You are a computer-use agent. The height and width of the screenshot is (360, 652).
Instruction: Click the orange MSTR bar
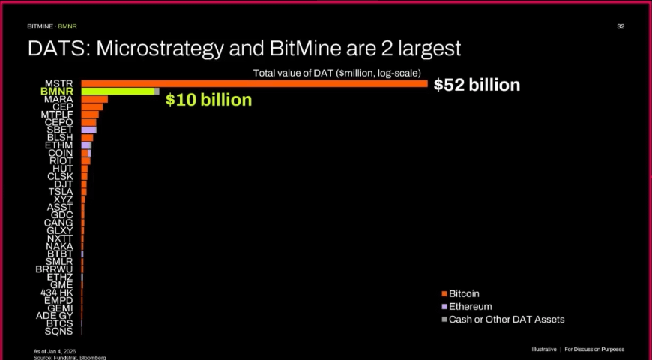[255, 83]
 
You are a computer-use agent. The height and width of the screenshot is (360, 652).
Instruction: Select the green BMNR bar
[118, 91]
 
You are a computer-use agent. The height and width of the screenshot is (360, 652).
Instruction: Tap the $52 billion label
[477, 85]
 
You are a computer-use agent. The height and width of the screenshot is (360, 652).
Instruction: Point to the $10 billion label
[208, 100]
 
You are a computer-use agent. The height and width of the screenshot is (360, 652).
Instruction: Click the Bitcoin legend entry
[464, 293]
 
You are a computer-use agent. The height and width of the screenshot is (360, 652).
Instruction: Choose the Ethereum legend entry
[470, 306]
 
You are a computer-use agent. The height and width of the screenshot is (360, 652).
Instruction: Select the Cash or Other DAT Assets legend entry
[506, 319]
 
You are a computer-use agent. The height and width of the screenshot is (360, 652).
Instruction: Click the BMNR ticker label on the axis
[57, 91]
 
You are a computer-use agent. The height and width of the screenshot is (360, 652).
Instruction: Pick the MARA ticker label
[58, 99]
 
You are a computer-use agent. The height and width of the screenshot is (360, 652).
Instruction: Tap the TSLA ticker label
[61, 192]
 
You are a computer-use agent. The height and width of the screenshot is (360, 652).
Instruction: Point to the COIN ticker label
[61, 153]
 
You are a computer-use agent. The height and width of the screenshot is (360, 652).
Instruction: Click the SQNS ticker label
[58, 331]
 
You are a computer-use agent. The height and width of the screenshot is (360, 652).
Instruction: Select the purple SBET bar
[88, 130]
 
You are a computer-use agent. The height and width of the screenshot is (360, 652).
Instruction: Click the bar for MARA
[94, 99]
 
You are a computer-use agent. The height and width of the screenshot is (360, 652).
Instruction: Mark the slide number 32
[621, 26]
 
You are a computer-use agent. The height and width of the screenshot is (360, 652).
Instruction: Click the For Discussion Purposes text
[594, 349]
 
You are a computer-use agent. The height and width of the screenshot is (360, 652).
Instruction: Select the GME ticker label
[61, 284]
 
